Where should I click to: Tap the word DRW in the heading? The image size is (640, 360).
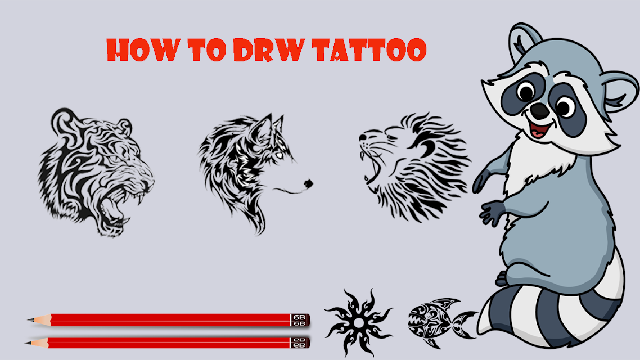point(269,50)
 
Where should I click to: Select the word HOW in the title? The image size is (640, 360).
point(143,50)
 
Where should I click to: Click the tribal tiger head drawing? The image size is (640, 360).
point(96,172)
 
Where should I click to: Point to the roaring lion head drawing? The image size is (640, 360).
point(414,168)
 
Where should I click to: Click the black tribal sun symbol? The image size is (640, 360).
point(358,322)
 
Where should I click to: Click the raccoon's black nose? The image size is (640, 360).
point(540,111)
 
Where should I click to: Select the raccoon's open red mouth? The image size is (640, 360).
point(540,129)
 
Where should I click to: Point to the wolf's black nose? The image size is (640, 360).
point(309,184)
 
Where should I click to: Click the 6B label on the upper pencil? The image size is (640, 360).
point(300,321)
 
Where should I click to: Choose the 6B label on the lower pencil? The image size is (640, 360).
point(300,343)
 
